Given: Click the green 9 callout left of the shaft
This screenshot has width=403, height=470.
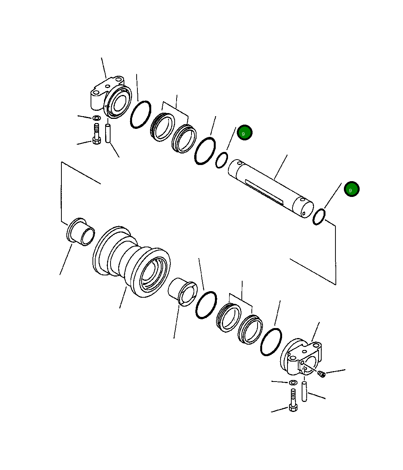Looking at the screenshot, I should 244,133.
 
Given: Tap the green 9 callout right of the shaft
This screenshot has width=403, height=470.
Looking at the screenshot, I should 351,189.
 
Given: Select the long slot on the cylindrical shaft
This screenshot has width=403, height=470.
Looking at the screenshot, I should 264,191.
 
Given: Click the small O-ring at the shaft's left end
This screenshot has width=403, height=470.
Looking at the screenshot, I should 221,160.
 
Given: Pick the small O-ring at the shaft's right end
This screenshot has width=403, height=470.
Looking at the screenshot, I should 319,217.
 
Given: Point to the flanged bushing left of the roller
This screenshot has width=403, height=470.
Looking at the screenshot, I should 81,231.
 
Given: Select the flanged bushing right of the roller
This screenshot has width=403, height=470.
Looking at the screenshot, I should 183,292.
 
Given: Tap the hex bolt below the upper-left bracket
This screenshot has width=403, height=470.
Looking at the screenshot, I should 97,135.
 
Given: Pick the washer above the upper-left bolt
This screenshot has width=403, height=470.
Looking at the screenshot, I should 97,117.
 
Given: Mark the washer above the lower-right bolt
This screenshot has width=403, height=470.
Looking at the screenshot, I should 293,383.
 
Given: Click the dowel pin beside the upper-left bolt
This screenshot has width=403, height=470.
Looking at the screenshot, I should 109,133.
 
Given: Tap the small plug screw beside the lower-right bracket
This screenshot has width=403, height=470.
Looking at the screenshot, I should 322,374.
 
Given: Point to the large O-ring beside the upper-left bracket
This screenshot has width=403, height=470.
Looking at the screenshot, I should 140,115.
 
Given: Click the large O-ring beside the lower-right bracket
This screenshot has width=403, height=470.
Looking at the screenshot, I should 271,342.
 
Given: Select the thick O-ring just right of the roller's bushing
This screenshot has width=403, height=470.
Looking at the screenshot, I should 206,305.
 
